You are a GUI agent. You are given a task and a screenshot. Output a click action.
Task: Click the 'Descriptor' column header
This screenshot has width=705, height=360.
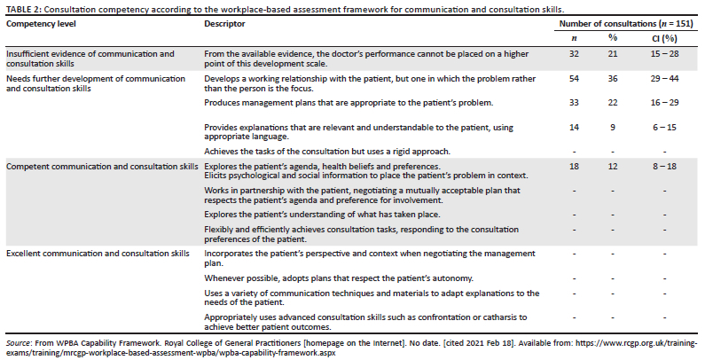[225, 23]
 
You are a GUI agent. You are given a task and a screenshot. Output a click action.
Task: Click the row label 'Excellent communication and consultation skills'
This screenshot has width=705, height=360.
[98, 254]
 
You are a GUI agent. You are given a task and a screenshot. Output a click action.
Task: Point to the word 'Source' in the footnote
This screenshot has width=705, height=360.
[18, 341]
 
